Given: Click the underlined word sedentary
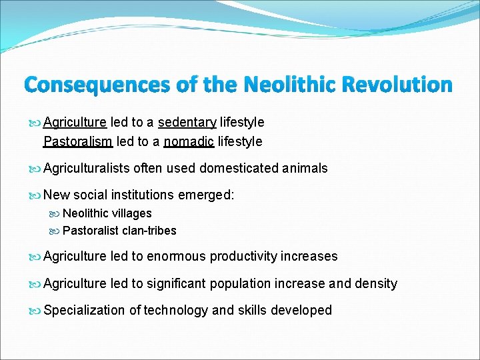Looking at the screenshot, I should [x=187, y=122].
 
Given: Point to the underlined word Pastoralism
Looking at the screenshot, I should [x=77, y=141].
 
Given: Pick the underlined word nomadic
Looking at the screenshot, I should [x=189, y=141].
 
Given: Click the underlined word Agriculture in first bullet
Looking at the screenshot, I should [x=75, y=122].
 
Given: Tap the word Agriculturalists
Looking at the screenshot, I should [x=87, y=168].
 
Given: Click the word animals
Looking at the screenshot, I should [x=305, y=168].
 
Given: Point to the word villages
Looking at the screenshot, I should [x=132, y=213].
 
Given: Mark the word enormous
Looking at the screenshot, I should [x=176, y=256].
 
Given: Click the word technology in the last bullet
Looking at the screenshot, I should [x=177, y=310].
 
